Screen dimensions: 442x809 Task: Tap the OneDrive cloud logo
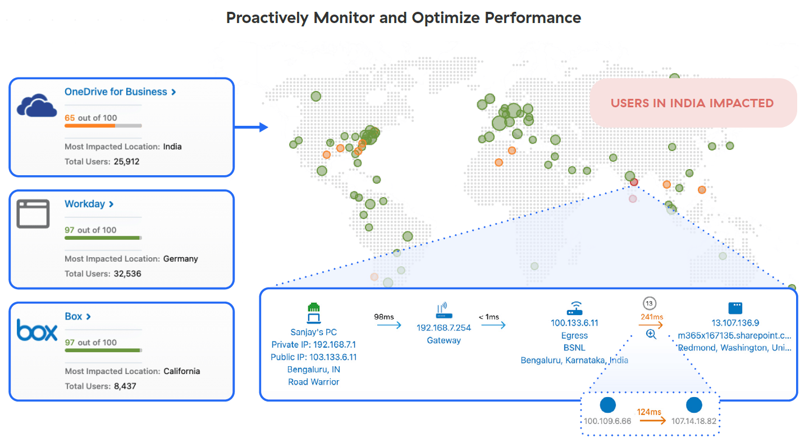point(36,105)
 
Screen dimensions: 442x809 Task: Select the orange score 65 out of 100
point(90,118)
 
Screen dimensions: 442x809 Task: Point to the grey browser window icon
point(33,213)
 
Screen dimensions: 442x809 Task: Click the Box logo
point(36,330)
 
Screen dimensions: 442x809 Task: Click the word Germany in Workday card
point(180,259)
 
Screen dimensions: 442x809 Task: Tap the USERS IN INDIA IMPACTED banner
point(692,103)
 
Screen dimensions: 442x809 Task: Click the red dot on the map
point(634,182)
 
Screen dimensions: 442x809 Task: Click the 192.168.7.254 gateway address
point(444,327)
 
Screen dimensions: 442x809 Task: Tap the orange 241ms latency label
point(651,317)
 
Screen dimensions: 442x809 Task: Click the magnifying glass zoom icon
point(651,334)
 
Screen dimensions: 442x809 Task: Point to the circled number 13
point(650,303)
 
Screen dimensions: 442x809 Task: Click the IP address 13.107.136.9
point(735,323)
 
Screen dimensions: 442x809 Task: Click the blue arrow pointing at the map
point(251,127)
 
